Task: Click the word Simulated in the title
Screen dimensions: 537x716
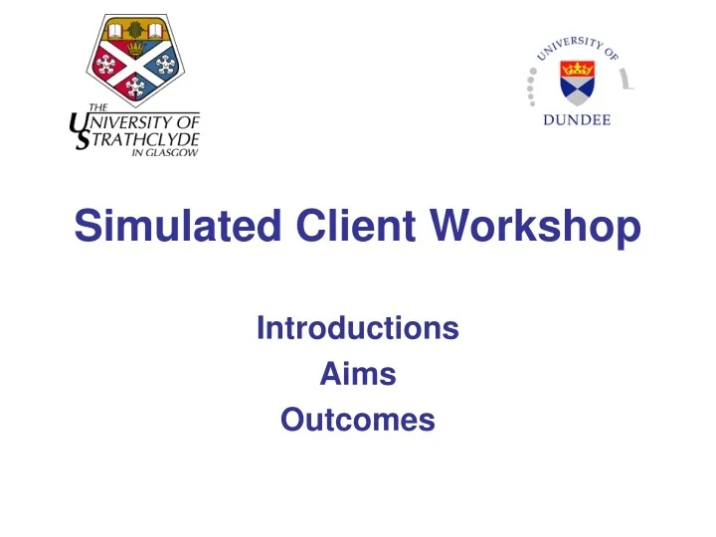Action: point(173,230)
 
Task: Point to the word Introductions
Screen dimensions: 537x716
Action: point(357,328)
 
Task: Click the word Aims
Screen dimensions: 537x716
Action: point(357,375)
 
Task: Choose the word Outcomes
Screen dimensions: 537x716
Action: point(357,421)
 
